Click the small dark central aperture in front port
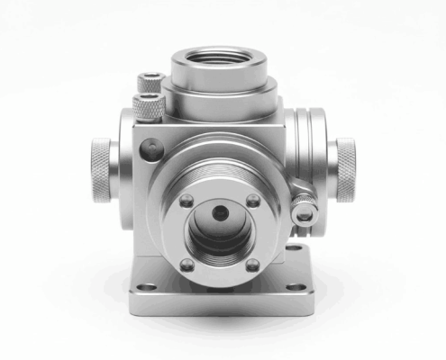click(219, 212)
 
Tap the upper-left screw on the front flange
click(186, 200)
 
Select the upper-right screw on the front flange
click(253, 200)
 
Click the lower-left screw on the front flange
click(186, 264)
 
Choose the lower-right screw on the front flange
click(253, 265)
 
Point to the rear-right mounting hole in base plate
click(293, 246)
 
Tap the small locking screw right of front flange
click(305, 215)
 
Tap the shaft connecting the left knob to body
click(122, 169)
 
